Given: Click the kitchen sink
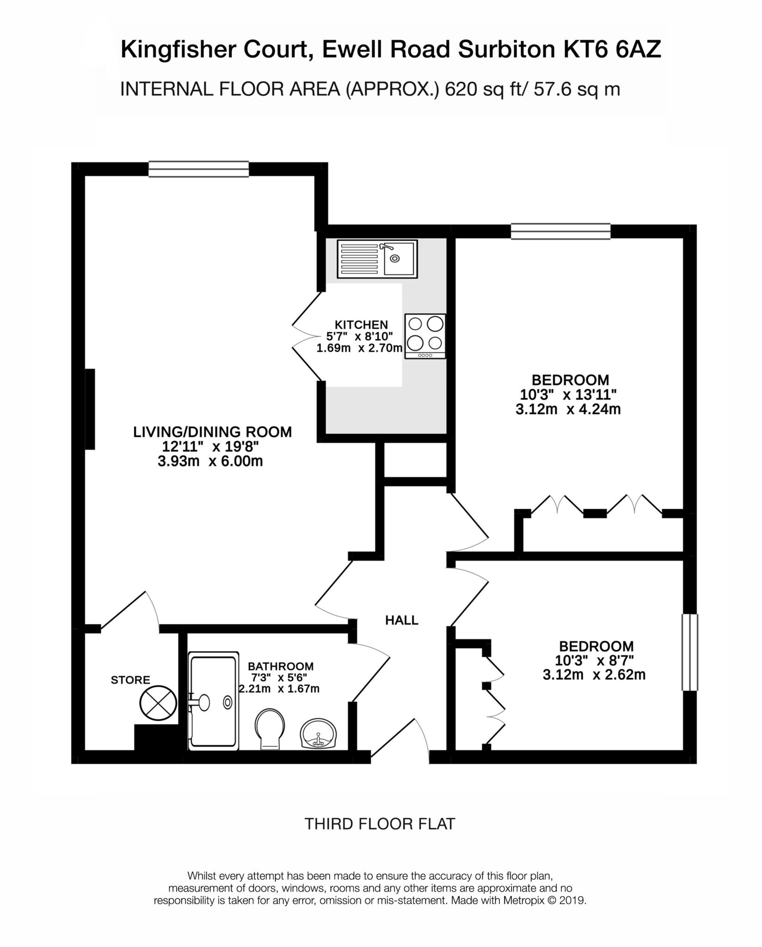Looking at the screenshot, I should click(377, 258).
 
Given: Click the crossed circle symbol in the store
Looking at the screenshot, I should click(158, 704).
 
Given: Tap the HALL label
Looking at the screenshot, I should click(402, 621).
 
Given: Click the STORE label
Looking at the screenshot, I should click(130, 680).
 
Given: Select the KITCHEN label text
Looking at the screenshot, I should click(361, 325).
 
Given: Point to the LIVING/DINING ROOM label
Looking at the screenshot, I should click(213, 432).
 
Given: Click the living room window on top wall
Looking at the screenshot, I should click(198, 169).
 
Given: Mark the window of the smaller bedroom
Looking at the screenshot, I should click(690, 652).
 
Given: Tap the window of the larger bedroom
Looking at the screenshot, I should click(560, 231).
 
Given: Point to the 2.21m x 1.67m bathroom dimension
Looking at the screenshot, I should click(279, 689).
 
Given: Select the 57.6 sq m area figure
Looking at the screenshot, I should click(577, 89).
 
